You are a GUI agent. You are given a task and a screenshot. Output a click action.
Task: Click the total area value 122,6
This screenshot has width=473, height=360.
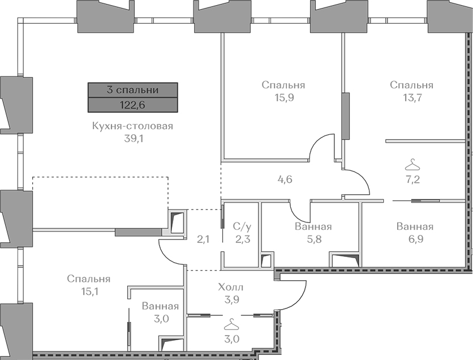pos(132,105)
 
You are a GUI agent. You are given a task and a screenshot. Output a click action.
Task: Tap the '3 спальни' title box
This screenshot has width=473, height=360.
pos(133,90)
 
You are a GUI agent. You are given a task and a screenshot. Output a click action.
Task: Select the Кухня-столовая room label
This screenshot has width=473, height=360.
pos(132,126)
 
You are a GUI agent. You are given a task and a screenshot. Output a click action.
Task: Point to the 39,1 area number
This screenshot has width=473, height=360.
pos(132,139)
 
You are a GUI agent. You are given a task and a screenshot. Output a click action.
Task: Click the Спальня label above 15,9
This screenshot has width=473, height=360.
pos(283,85)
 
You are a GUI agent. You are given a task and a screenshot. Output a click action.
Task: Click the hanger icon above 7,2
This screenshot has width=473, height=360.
pos(412,166)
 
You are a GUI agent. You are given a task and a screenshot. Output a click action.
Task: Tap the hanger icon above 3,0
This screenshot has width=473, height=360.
pos(231,324)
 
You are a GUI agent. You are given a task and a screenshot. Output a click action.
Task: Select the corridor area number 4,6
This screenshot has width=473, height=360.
pos(285,179)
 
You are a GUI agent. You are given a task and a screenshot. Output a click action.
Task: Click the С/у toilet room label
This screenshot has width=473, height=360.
pos(243,226)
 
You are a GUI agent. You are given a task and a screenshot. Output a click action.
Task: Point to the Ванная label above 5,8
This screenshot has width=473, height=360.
pos(313,226)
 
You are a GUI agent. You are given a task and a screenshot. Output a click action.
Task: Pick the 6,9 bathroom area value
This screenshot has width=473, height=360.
pos(415,239)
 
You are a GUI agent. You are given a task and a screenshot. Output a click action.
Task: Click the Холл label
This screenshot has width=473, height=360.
pos(231,287)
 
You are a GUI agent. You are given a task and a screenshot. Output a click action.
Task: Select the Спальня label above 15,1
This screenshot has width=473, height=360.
pos(89,279)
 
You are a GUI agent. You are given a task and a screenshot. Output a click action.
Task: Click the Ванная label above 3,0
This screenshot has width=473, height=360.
pos(160,306)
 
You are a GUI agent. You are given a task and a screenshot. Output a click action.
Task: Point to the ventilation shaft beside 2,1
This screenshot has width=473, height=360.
pos(177,222)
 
